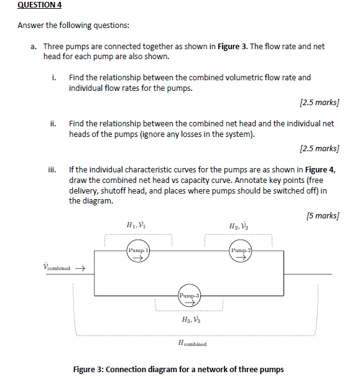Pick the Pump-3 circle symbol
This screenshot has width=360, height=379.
(190, 297)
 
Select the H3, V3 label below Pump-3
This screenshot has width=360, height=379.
(190, 320)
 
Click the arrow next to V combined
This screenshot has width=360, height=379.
(79, 269)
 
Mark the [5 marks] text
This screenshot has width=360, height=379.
(322, 215)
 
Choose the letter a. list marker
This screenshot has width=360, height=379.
(34, 47)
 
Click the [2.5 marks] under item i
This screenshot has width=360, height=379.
(319, 102)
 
